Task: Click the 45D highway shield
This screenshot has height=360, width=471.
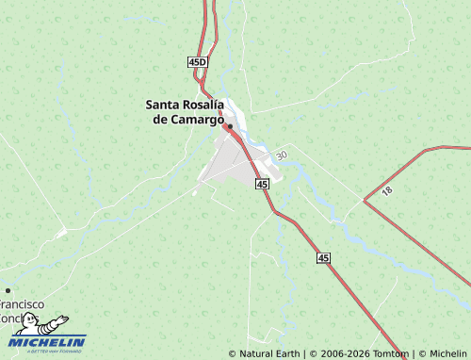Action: (197, 61)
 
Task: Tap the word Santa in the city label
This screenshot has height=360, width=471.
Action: (164, 105)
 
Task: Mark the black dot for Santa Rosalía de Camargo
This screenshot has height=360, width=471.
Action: (229, 125)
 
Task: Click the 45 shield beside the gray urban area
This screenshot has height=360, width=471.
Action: (262, 184)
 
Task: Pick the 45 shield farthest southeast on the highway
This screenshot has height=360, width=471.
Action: (324, 257)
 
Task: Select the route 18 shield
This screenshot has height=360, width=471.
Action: (387, 190)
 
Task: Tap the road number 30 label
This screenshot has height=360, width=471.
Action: (281, 155)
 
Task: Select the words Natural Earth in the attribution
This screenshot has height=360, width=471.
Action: (268, 353)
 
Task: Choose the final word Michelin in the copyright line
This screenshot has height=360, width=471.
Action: (448, 353)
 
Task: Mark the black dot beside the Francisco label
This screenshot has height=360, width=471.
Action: (8, 290)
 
